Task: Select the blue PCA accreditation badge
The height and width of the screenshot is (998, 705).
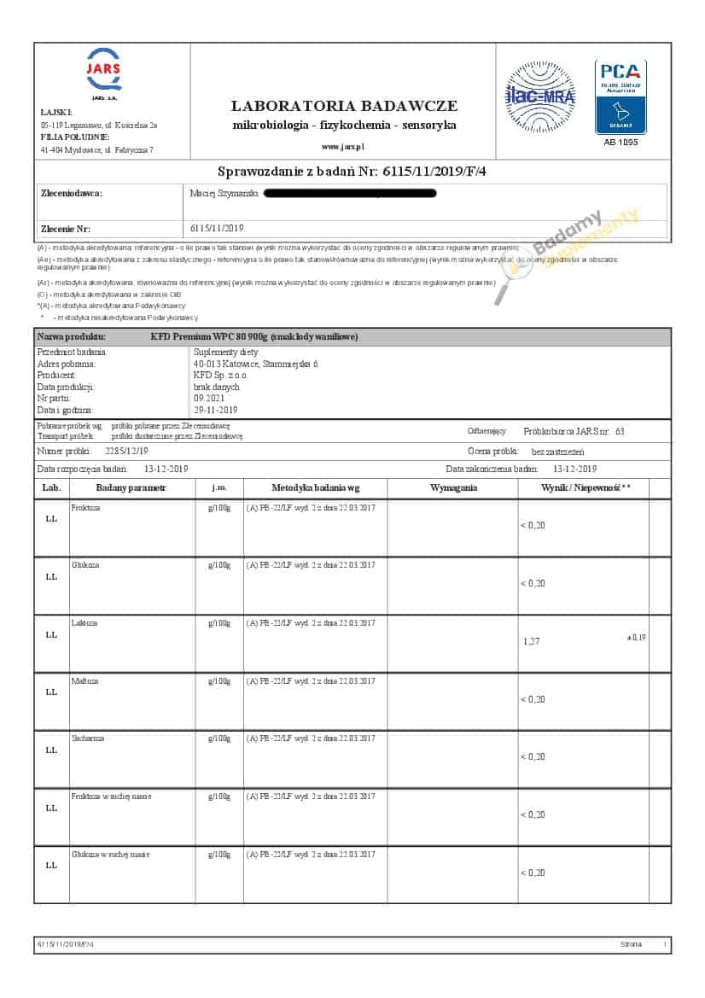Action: [621, 96]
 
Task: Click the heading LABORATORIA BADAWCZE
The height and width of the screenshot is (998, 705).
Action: [344, 106]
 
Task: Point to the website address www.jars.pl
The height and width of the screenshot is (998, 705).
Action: [344, 146]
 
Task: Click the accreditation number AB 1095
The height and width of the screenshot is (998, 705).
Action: [621, 142]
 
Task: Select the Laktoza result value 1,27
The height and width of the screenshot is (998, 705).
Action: [532, 640]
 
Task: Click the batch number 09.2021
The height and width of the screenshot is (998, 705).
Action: [207, 398]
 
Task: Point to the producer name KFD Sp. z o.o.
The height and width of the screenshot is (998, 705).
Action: [220, 375]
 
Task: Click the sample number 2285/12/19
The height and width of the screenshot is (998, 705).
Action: [126, 451]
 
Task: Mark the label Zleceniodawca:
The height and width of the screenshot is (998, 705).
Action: [72, 194]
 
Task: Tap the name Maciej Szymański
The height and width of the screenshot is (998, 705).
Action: [224, 194]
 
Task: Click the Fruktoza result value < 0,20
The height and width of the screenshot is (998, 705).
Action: [533, 525]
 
